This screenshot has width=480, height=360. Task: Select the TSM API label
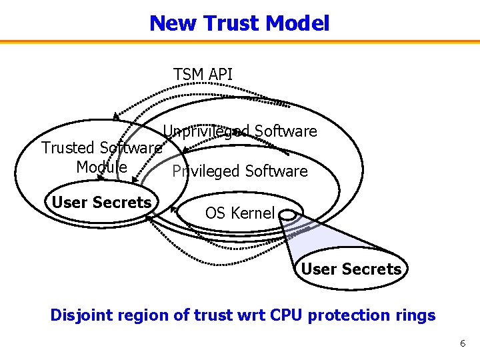(203, 74)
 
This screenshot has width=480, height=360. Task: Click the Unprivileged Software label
(240, 131)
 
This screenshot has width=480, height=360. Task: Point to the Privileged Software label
(240, 171)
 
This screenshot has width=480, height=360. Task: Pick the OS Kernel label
(239, 213)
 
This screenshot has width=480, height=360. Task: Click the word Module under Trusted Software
(101, 167)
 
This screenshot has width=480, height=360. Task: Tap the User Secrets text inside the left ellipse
(101, 202)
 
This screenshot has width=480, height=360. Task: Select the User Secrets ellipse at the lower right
(351, 269)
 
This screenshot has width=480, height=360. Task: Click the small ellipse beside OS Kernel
(289, 215)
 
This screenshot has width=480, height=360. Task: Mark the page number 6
(462, 343)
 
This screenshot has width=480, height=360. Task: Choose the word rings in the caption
(414, 315)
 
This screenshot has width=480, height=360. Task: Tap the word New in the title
(173, 23)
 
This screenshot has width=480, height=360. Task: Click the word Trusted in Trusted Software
(68, 147)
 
